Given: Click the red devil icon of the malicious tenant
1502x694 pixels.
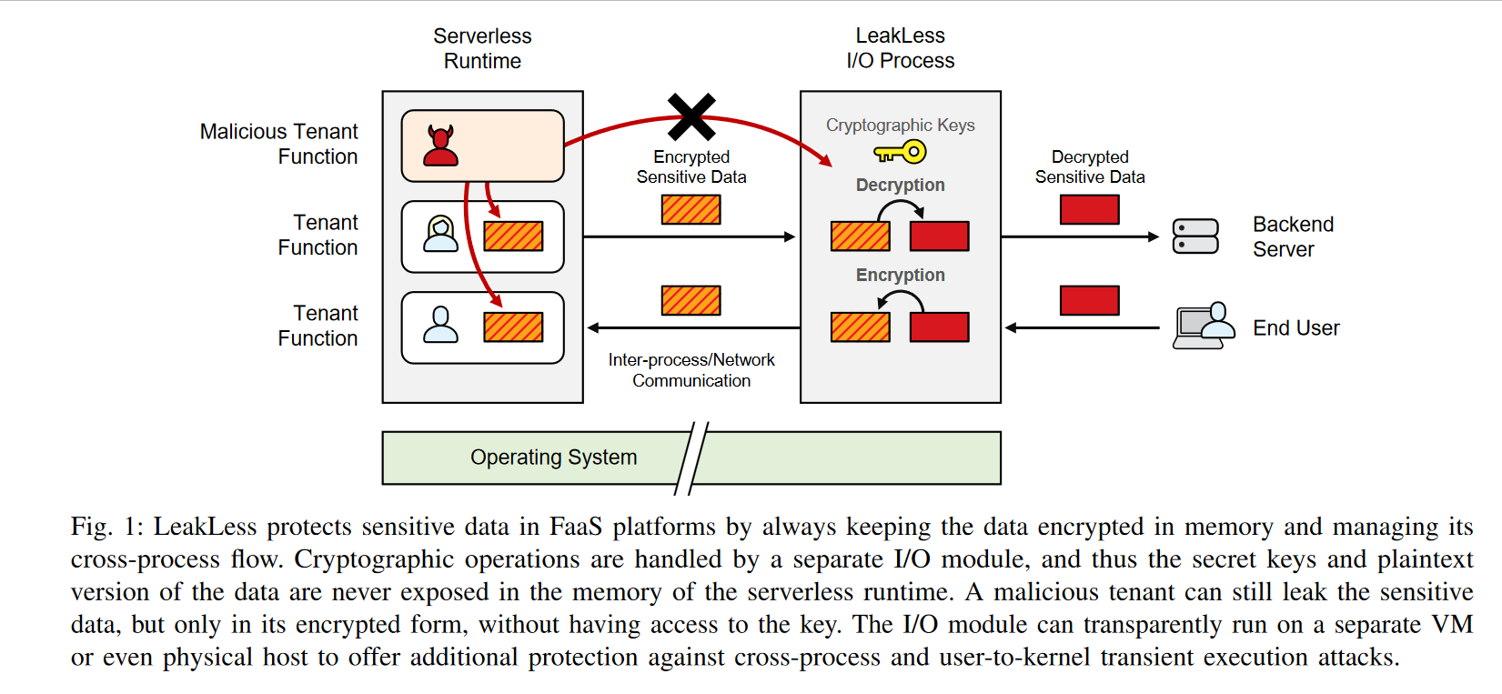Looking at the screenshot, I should [x=441, y=146].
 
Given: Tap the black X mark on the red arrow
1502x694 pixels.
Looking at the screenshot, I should [x=691, y=117].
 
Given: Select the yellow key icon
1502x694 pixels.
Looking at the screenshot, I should [x=900, y=152].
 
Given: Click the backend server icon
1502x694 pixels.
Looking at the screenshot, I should [x=1195, y=236].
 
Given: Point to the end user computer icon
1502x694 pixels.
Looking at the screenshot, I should [x=1204, y=327].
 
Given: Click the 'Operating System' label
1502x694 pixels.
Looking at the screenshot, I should [x=553, y=458].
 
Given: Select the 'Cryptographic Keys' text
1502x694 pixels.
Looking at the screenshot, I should [x=900, y=126].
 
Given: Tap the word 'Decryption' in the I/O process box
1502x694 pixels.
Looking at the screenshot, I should [x=900, y=186].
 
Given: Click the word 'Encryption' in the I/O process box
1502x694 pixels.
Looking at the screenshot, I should [x=900, y=275].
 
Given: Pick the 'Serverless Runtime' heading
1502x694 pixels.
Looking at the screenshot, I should [x=482, y=48].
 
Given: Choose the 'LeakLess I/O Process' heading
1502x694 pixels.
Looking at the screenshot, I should [x=900, y=48].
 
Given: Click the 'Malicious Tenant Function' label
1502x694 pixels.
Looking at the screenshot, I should [x=279, y=144].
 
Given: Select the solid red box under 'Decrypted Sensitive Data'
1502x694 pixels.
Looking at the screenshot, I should [x=1089, y=210].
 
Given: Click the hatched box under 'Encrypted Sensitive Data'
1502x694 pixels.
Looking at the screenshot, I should [x=691, y=210].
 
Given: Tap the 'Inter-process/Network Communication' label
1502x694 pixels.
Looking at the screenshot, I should [x=691, y=370].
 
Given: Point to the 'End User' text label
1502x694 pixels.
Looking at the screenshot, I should [x=1295, y=328].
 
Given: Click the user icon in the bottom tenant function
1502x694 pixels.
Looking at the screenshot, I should [x=441, y=325].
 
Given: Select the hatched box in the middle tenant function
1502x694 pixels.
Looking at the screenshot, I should [x=513, y=236].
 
